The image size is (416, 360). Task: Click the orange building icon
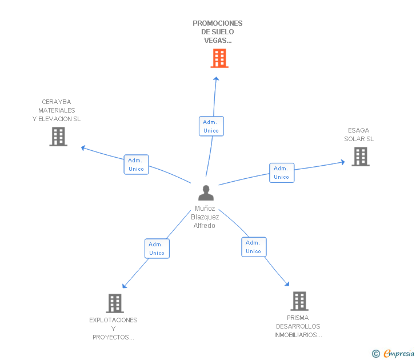tap(219, 58)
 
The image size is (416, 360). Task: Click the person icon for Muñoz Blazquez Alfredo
tap(206, 193)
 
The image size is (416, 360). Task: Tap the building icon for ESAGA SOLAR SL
tap(361, 157)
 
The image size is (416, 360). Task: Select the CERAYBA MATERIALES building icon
tap(58, 137)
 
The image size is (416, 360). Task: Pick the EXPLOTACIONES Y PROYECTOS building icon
tap(115, 303)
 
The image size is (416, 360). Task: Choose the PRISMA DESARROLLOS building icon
tap(299, 301)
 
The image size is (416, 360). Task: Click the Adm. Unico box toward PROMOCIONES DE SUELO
tap(211, 126)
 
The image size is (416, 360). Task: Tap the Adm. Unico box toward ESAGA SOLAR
tap(282, 173)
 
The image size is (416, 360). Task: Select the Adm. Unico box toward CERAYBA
tap(137, 165)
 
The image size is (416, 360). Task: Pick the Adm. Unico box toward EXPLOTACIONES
tap(157, 249)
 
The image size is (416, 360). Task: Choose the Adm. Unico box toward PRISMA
tap(254, 247)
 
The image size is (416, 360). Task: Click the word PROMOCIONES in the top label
tap(218, 23)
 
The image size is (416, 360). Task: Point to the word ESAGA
tap(359, 130)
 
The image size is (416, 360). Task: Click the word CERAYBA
tap(57, 102)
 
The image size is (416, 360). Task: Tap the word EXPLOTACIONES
tap(113, 320)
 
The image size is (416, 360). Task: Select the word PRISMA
tap(298, 318)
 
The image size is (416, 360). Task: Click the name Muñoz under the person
tap(205, 209)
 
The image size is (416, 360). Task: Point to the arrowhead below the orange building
tap(216, 78)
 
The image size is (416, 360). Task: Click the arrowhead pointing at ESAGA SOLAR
tap(343, 162)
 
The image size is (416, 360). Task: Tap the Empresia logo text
tap(399, 353)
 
